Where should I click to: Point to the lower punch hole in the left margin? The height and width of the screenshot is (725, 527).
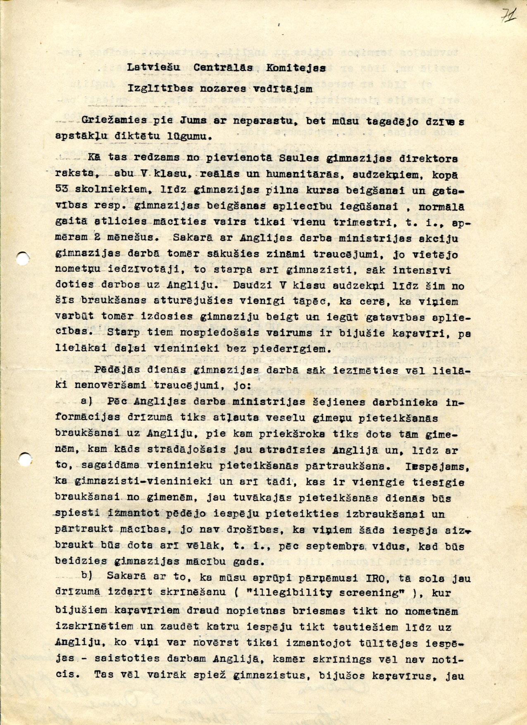coord(25,458)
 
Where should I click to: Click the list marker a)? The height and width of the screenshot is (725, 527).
coord(86,401)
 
